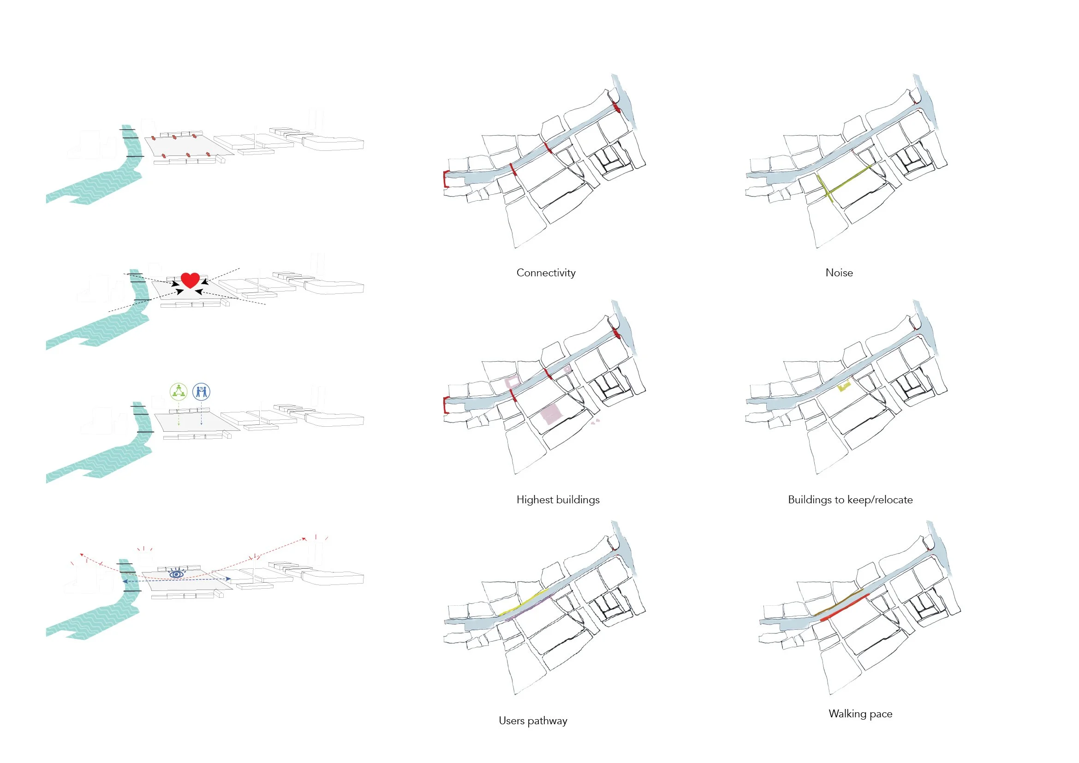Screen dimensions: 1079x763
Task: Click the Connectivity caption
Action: point(546,273)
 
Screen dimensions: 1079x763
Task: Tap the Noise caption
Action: point(839,273)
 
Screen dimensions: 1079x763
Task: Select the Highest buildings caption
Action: point(558,500)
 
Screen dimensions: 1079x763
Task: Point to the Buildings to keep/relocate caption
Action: point(850,500)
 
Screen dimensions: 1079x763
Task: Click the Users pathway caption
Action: point(533,721)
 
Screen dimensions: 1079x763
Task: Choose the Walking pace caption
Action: point(860,714)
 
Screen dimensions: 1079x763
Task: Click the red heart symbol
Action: point(191,280)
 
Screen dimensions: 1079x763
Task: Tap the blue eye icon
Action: point(176,574)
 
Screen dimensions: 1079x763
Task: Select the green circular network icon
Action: point(179,391)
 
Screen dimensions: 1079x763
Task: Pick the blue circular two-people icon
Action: point(201,391)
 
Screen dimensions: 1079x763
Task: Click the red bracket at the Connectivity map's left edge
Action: point(445,179)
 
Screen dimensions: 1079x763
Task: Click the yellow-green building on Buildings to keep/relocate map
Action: point(844,387)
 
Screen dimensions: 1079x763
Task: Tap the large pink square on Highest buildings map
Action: point(551,414)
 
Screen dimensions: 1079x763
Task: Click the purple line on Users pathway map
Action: point(531,608)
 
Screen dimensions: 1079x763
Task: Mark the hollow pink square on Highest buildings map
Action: point(513,381)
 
